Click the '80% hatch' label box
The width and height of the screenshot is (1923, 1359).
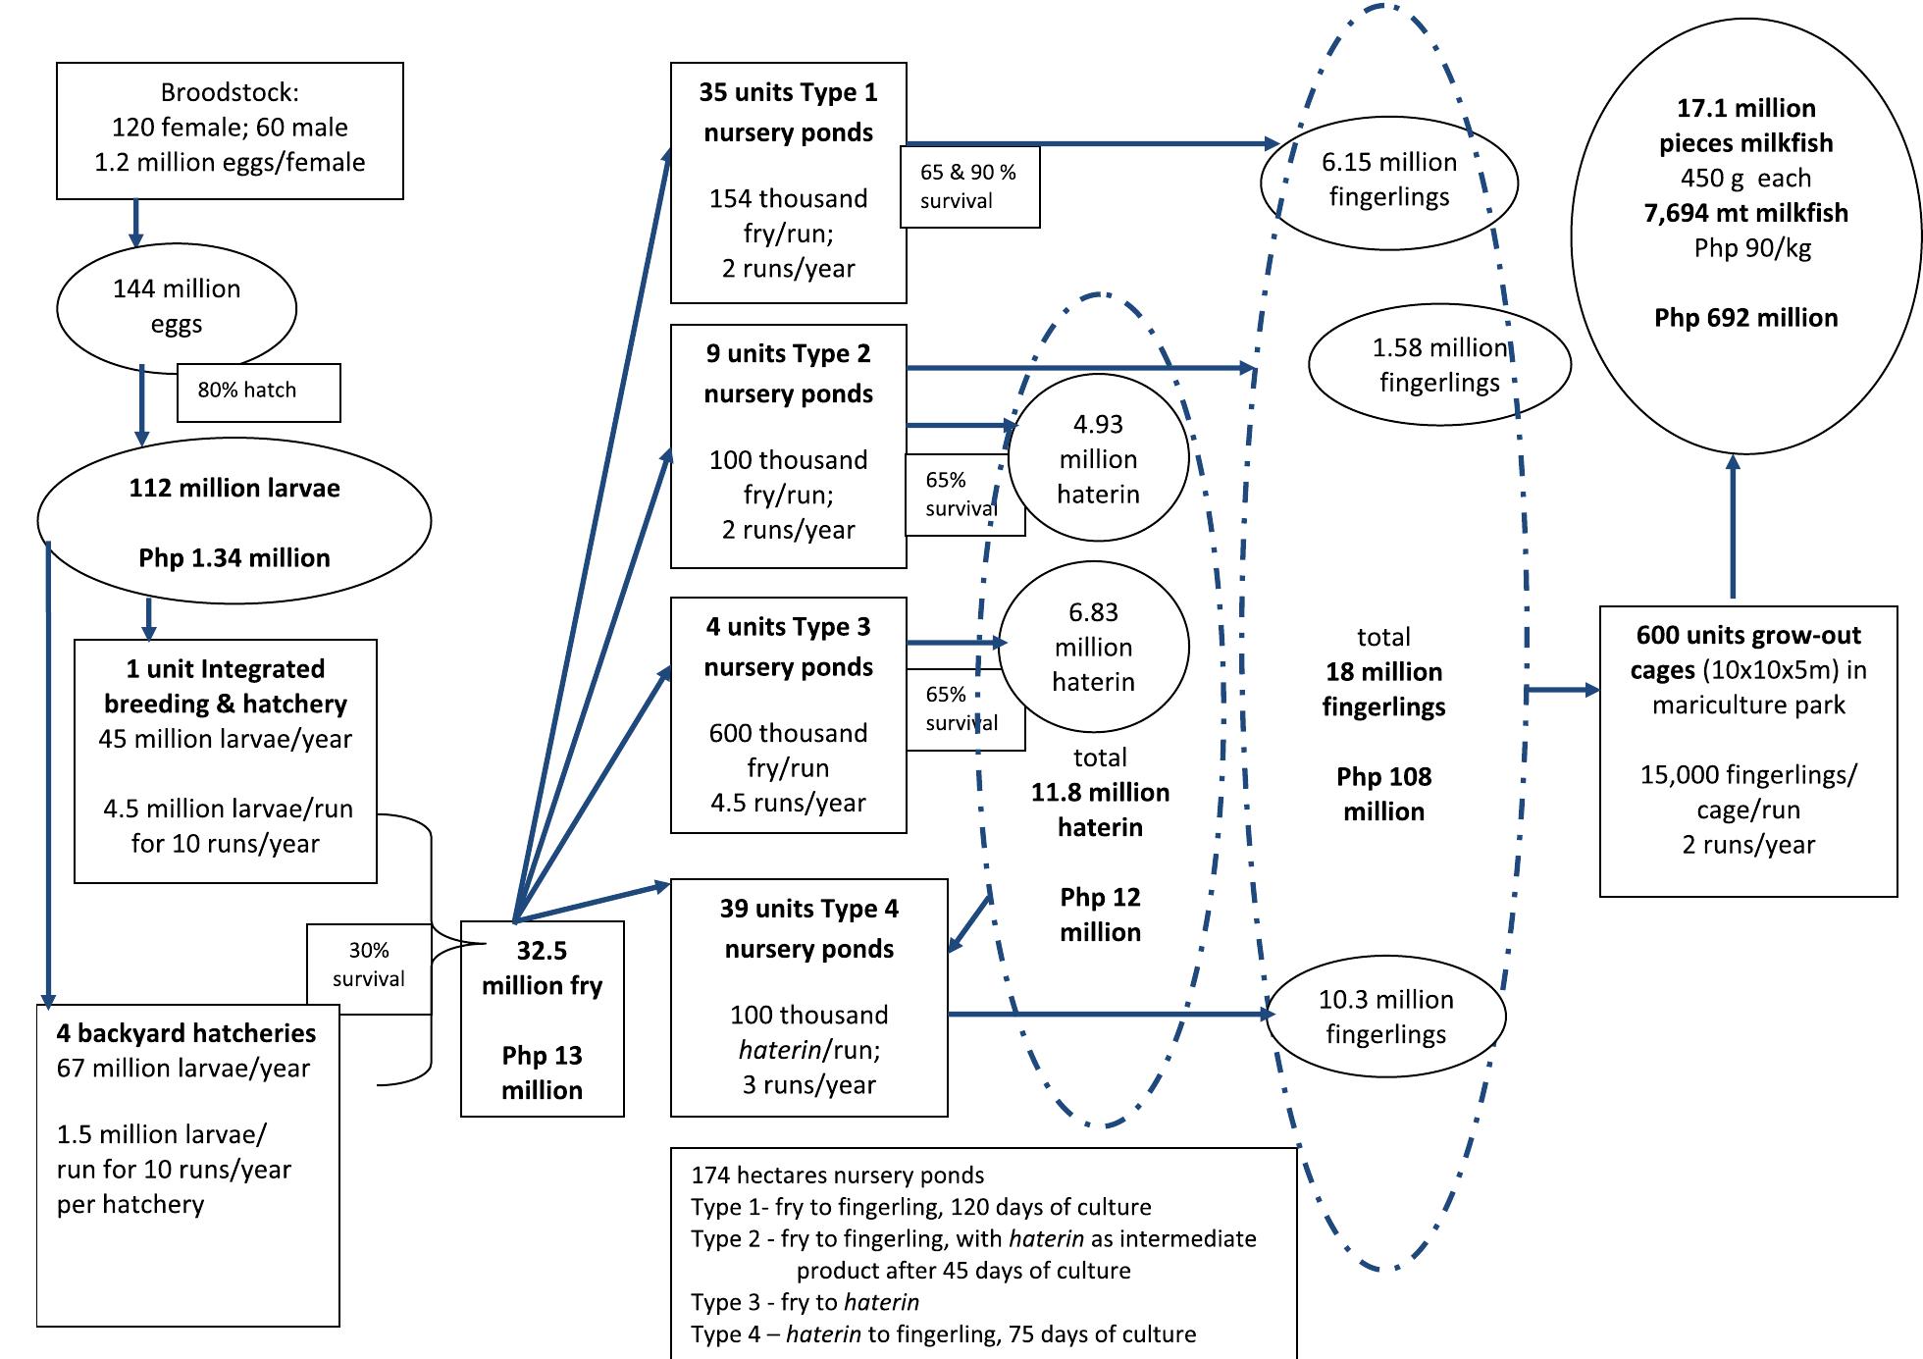point(258,392)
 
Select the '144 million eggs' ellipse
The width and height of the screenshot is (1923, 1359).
point(177,306)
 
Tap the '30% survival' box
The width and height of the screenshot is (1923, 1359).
point(368,965)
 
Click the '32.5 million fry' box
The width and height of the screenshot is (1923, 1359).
point(542,1019)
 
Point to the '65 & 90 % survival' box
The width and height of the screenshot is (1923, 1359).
point(969,186)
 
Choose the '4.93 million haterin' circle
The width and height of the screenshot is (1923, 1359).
point(1098,458)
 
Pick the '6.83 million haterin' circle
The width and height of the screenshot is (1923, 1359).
point(1093,647)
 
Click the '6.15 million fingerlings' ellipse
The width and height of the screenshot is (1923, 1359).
point(1388,180)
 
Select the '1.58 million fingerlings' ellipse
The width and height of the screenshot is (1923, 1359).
point(1439,365)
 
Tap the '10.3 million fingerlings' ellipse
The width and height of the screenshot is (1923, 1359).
point(1385,1017)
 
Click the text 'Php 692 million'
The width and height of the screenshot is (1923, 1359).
point(1745,318)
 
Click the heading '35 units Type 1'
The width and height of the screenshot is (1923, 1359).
point(788,92)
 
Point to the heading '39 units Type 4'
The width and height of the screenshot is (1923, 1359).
point(808,909)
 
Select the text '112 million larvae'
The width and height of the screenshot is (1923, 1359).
point(234,489)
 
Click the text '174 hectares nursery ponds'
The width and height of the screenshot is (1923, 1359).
point(837,1176)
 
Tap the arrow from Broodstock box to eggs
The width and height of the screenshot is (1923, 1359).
point(136,223)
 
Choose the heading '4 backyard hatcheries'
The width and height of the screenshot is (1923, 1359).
point(186,1033)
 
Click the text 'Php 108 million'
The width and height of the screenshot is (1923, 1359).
point(1383,794)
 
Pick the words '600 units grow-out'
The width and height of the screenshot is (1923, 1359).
point(1748,636)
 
